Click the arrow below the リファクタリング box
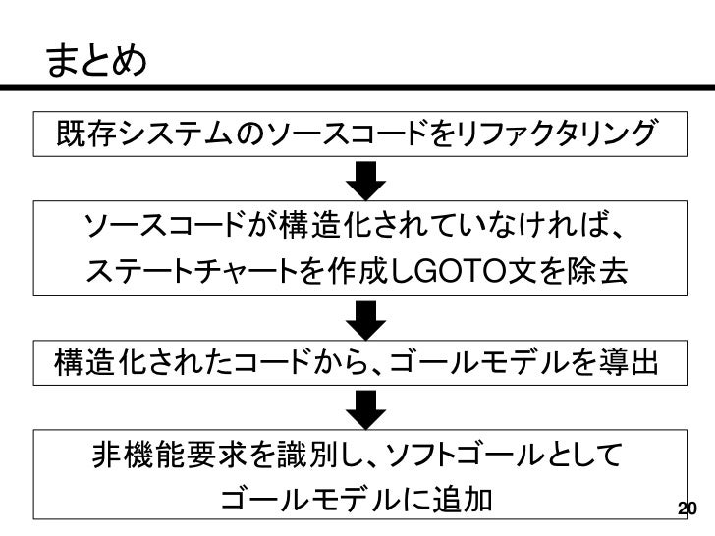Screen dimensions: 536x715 tap(368, 181)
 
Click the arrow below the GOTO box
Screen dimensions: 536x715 tap(368, 318)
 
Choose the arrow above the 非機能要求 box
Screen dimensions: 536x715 tap(368, 403)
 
